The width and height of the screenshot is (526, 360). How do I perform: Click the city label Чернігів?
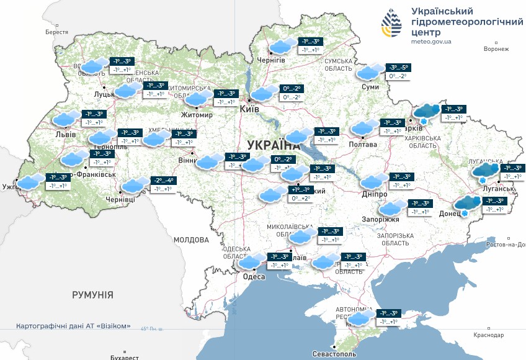271,60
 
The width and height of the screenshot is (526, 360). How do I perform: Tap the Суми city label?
370,87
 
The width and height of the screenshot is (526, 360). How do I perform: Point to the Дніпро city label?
374,194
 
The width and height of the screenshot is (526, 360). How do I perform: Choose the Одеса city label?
250,277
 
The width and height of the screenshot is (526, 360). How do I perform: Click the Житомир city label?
196,115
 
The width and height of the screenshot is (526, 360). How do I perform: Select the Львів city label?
66,134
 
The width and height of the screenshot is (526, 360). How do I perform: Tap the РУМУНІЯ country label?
92,295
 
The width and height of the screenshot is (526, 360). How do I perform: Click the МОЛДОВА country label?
191,240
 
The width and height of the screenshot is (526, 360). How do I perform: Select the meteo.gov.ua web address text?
431,42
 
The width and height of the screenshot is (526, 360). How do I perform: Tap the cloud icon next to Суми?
370,72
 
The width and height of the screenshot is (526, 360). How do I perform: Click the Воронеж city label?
496,49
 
